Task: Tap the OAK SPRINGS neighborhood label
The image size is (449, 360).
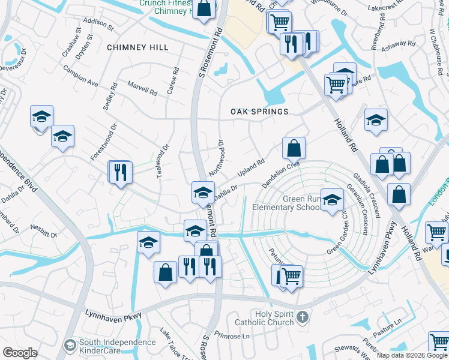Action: (x=259, y=112)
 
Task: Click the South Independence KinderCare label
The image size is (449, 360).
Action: (x=117, y=346)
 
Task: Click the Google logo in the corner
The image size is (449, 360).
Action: (x=20, y=353)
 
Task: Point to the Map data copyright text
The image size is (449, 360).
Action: (x=412, y=355)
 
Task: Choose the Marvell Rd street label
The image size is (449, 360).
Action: (x=142, y=89)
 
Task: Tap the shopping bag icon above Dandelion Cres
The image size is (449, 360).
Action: (x=294, y=148)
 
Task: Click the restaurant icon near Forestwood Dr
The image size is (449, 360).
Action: (x=119, y=172)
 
